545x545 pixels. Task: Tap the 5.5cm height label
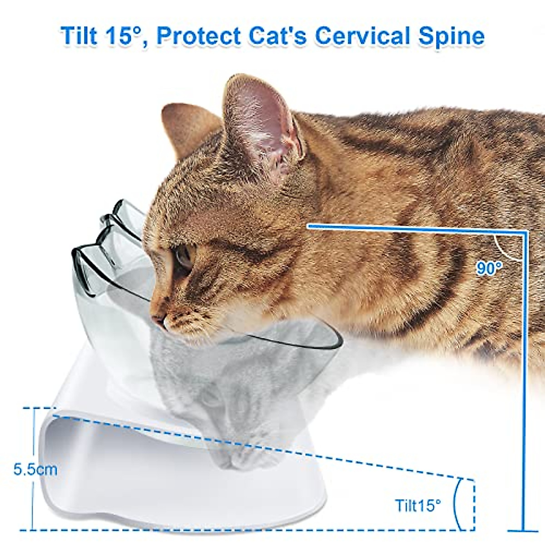coord(35,469)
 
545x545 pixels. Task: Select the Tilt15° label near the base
coord(417,505)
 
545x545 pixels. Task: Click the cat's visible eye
coord(184,257)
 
